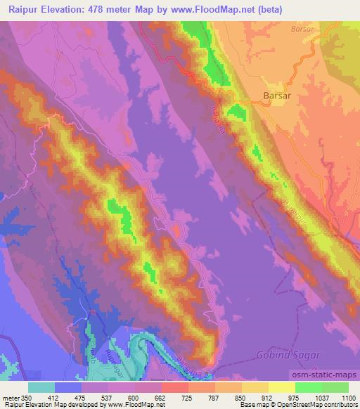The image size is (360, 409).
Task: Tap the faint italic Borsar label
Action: (301, 30)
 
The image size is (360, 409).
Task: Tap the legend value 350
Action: (27, 398)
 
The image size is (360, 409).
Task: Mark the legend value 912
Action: (280, 398)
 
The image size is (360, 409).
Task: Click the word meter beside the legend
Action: (11, 398)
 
